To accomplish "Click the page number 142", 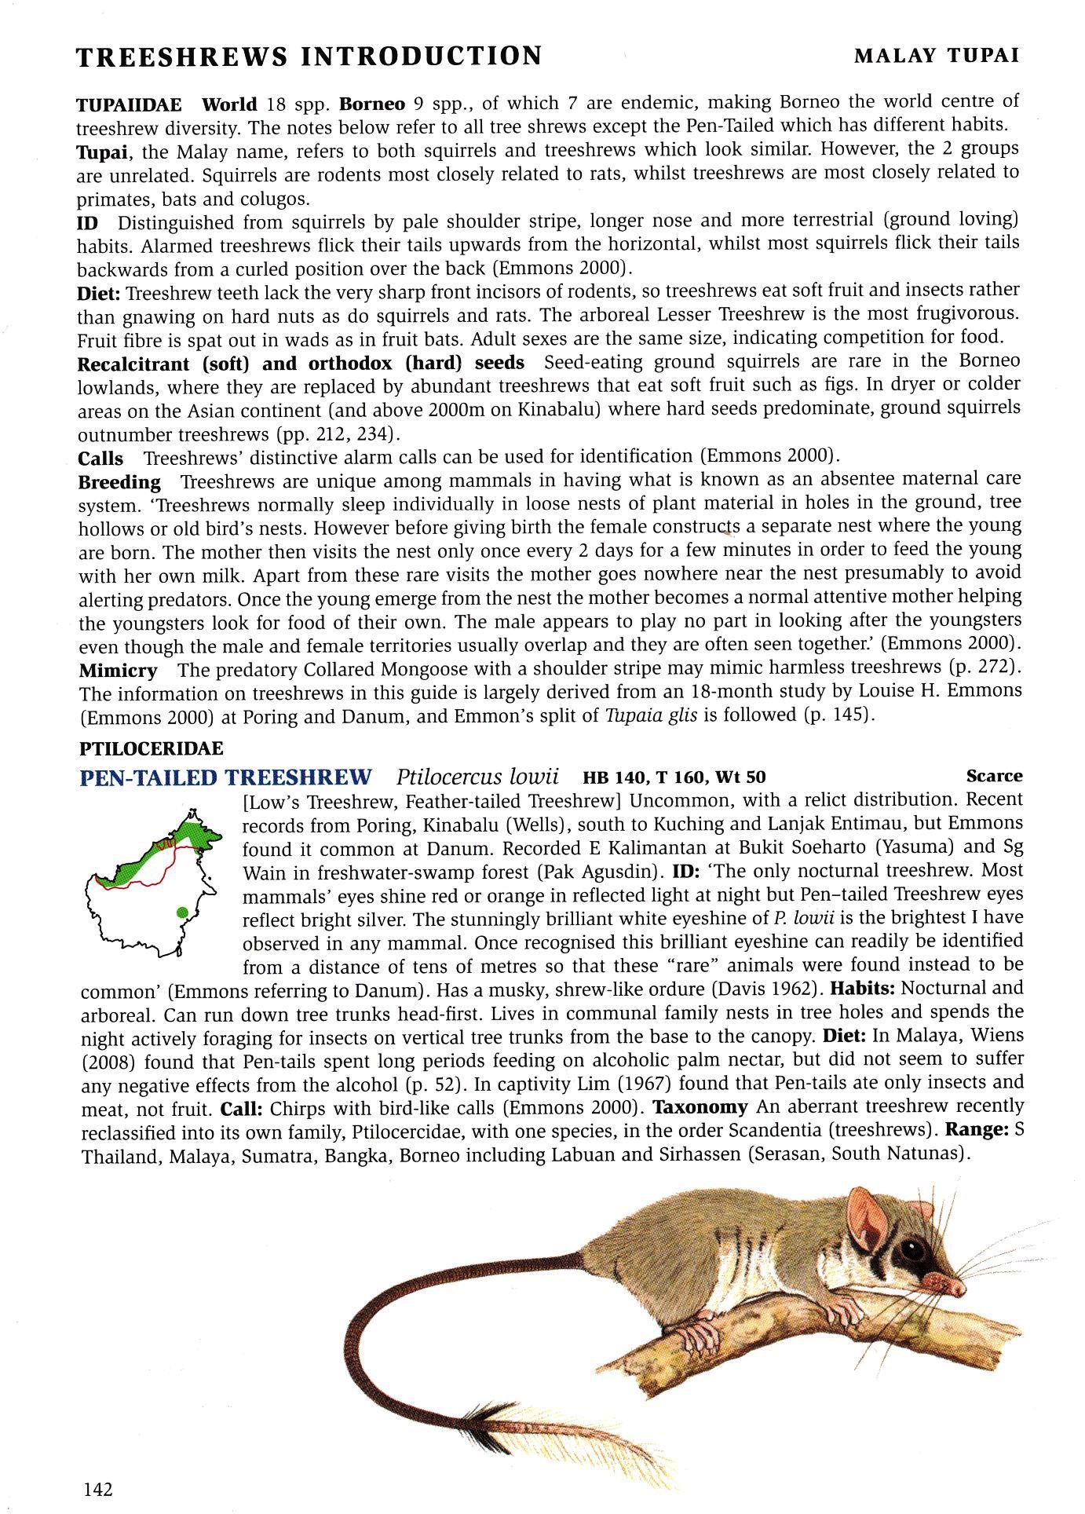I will pyautogui.click(x=97, y=1489).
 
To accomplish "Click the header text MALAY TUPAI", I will pyautogui.click(x=937, y=56).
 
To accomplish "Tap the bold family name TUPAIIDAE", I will pyautogui.click(x=129, y=104).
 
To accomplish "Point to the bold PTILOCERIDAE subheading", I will pyautogui.click(x=151, y=748).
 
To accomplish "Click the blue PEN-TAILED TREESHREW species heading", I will pyautogui.click(x=226, y=777).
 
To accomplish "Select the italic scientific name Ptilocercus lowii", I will pyautogui.click(x=477, y=777).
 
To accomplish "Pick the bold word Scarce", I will pyautogui.click(x=994, y=776).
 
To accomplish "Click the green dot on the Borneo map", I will pyautogui.click(x=182, y=912).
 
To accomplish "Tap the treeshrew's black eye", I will pyautogui.click(x=912, y=1249).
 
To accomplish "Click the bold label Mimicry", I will pyautogui.click(x=118, y=671).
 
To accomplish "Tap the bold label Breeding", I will pyautogui.click(x=119, y=481).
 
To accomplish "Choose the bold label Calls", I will pyautogui.click(x=100, y=458).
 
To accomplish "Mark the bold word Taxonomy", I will pyautogui.click(x=700, y=1107).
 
